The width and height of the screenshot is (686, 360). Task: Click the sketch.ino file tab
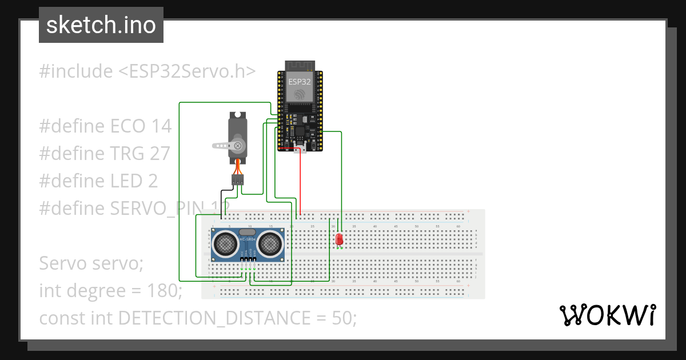tap(101, 25)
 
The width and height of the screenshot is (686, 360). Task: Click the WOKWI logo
tap(607, 315)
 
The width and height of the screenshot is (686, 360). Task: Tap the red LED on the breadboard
tap(339, 239)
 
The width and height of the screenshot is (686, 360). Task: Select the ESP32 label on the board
tap(300, 82)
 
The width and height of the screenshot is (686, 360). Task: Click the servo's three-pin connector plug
tap(237, 180)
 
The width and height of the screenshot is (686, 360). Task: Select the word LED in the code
tap(127, 181)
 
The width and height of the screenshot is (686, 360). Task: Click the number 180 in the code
tap(163, 291)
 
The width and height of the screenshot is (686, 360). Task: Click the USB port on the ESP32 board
tap(300, 150)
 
